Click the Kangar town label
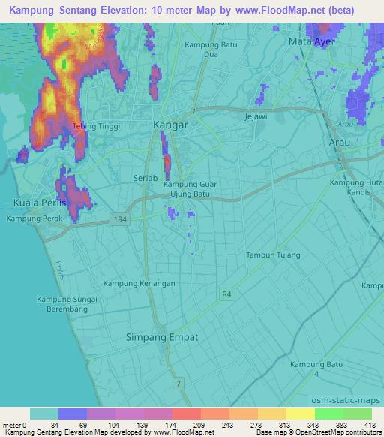click(x=169, y=125)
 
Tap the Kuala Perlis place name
click(x=40, y=203)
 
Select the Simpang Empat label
click(x=163, y=337)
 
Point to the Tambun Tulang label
click(x=274, y=255)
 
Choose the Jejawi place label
click(x=256, y=118)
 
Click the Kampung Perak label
click(x=32, y=218)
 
